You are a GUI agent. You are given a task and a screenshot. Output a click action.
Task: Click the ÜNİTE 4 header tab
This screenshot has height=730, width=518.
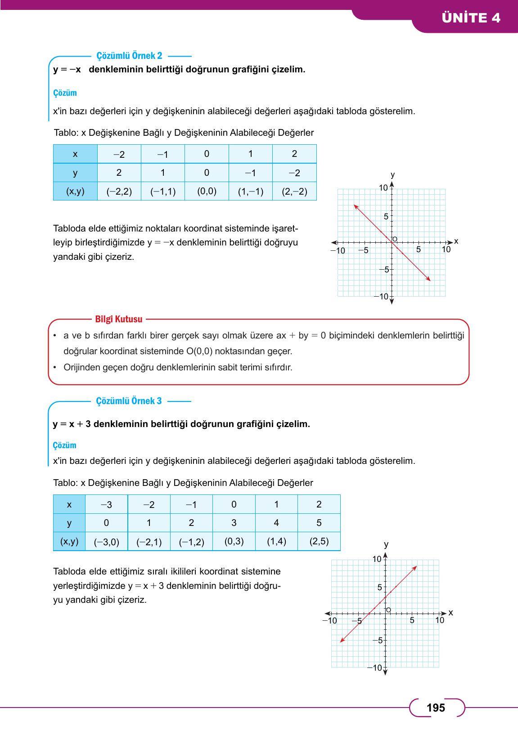coord(471,18)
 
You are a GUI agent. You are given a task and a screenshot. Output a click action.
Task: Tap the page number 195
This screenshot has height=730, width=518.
coord(436,708)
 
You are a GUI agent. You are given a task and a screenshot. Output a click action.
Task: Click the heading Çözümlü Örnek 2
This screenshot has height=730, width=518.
coord(129,56)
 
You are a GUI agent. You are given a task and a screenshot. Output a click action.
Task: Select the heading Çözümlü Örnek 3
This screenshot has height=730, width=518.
coord(129,401)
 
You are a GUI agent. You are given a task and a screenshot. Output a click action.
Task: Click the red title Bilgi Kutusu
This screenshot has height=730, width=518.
coord(119,319)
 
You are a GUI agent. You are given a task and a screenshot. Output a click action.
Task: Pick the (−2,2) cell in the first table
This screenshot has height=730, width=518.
coord(119,191)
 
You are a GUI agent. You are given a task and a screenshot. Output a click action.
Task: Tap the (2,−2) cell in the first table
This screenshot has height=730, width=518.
coord(294,191)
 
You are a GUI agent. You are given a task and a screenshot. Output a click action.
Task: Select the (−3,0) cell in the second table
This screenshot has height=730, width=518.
coord(106,542)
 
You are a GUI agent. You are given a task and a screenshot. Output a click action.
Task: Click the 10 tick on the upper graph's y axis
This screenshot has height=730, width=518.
coord(383,188)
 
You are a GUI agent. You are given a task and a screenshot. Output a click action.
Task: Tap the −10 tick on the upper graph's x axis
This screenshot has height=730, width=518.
coord(338,251)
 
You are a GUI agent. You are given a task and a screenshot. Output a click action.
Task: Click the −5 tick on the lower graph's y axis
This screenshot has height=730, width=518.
coord(378,640)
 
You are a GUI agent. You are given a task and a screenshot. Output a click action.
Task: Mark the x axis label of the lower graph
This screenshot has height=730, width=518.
coord(451,613)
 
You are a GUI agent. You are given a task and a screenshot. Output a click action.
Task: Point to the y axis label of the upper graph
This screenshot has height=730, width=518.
coord(392,174)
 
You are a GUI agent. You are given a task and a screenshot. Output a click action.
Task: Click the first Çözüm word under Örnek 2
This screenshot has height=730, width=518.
coord(65,93)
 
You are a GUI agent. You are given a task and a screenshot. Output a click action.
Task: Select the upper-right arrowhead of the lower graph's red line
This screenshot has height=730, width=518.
coord(415,568)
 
